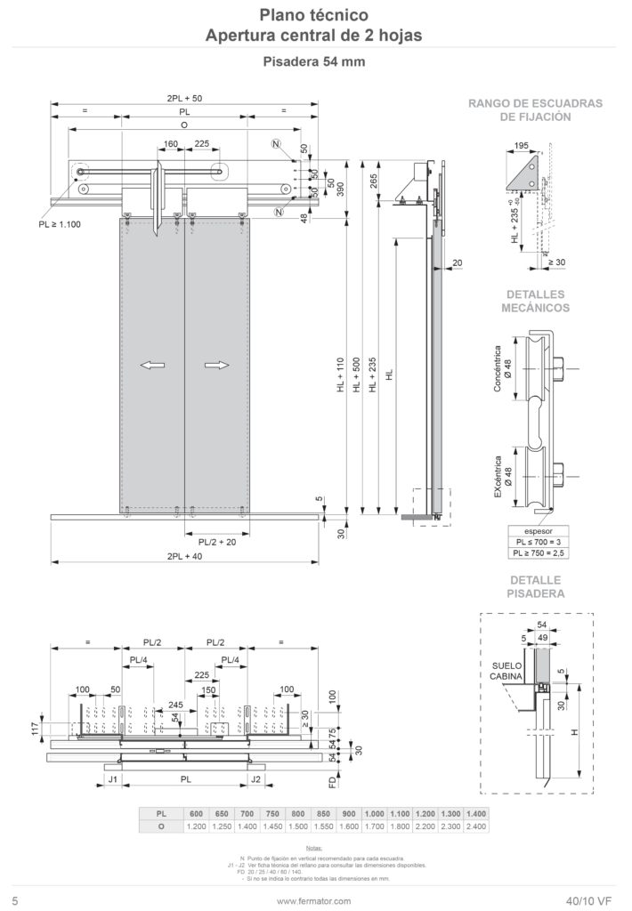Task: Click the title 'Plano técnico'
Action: (313, 15)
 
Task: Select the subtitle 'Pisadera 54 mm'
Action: (313, 62)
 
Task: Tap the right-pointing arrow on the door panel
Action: (216, 365)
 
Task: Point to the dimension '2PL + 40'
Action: (184, 556)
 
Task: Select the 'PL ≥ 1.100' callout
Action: (60, 225)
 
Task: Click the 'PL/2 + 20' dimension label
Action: (216, 541)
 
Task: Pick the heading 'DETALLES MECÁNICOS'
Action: (538, 301)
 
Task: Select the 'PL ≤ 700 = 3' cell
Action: (537, 542)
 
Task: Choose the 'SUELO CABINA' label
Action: (502, 670)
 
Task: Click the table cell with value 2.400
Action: (476, 826)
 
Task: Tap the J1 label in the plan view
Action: (112, 778)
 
